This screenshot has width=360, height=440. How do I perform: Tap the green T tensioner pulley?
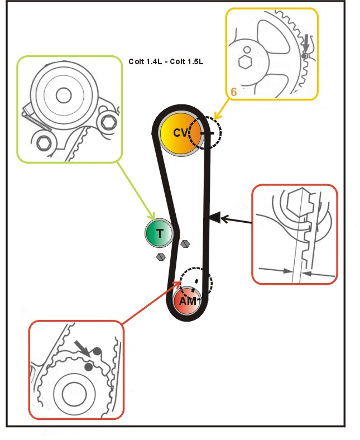(x=160, y=234)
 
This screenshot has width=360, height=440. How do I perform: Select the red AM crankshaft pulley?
(x=188, y=300)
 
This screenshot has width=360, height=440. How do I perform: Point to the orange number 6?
(x=233, y=92)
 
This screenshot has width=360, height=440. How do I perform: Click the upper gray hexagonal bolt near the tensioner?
(x=186, y=244)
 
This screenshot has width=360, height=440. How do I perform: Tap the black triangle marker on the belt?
(x=215, y=217)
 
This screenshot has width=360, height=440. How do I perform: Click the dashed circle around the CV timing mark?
(x=205, y=132)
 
